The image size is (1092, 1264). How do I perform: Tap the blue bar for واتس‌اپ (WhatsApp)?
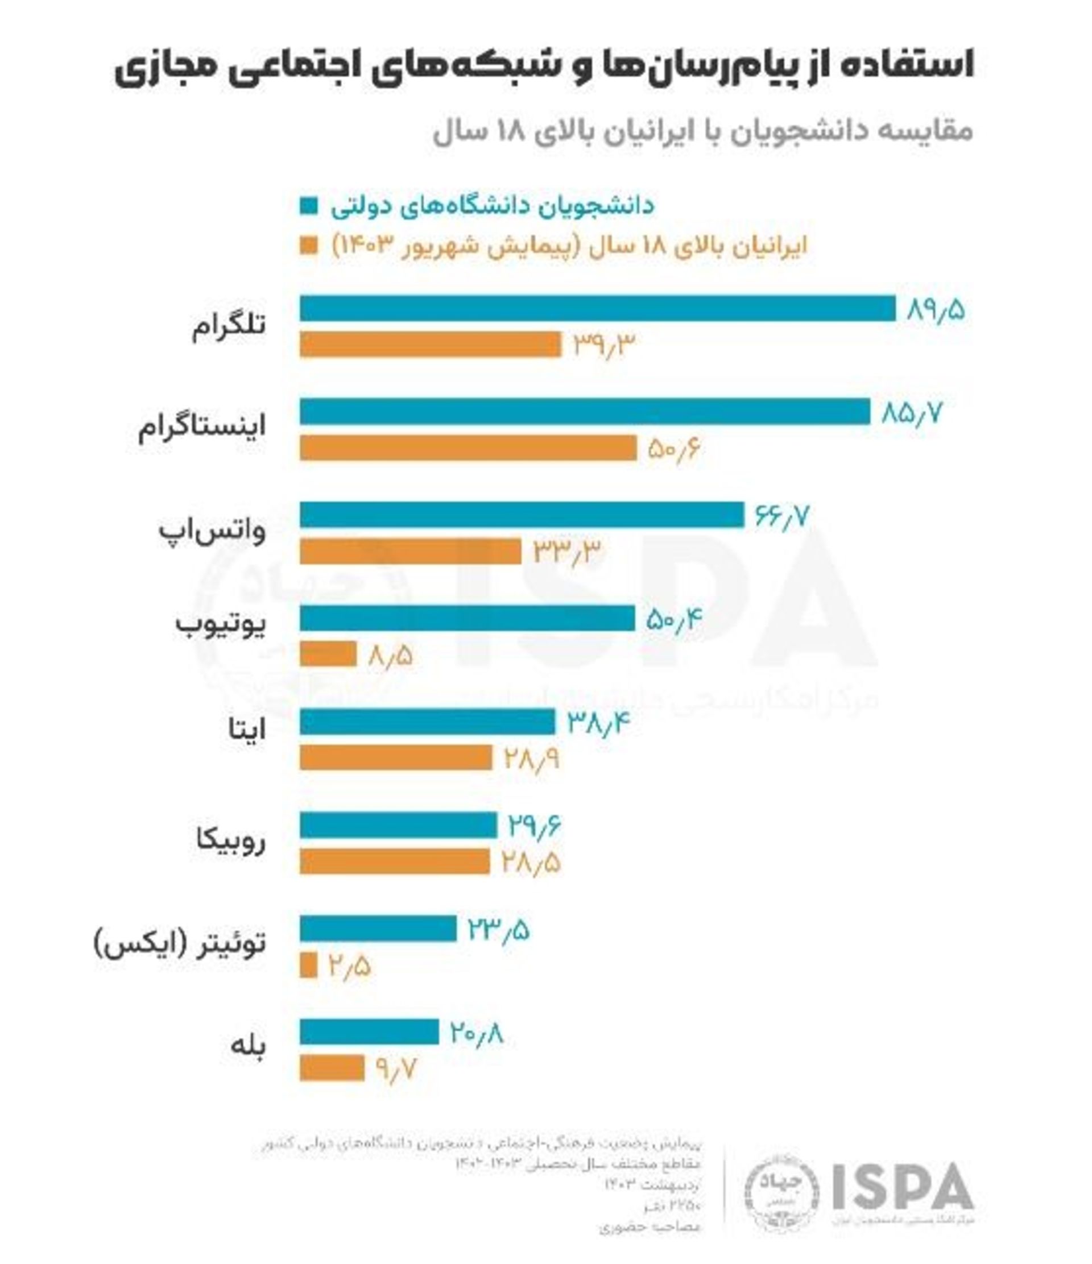tap(522, 515)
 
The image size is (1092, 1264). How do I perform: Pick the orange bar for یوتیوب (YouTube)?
tap(328, 654)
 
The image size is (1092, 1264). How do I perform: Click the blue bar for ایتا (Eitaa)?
tap(427, 722)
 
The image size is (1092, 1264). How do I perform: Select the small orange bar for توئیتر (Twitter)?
tap(308, 965)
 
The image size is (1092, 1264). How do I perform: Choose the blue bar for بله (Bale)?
tap(369, 1032)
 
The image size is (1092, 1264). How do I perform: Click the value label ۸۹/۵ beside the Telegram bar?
tap(936, 310)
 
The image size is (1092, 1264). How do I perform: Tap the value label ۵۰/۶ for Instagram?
tap(673, 449)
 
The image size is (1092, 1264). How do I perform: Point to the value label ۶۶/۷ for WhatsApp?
tap(781, 516)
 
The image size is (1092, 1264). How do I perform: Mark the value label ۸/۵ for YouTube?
tap(390, 655)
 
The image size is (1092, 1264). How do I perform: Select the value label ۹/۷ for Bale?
tap(396, 1069)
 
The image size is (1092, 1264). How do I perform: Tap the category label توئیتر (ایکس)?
tap(180, 944)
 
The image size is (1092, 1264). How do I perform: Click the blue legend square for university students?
tap(309, 206)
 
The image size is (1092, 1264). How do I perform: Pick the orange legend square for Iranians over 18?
tap(309, 245)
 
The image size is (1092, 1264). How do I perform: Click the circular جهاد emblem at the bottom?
tap(780, 1192)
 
